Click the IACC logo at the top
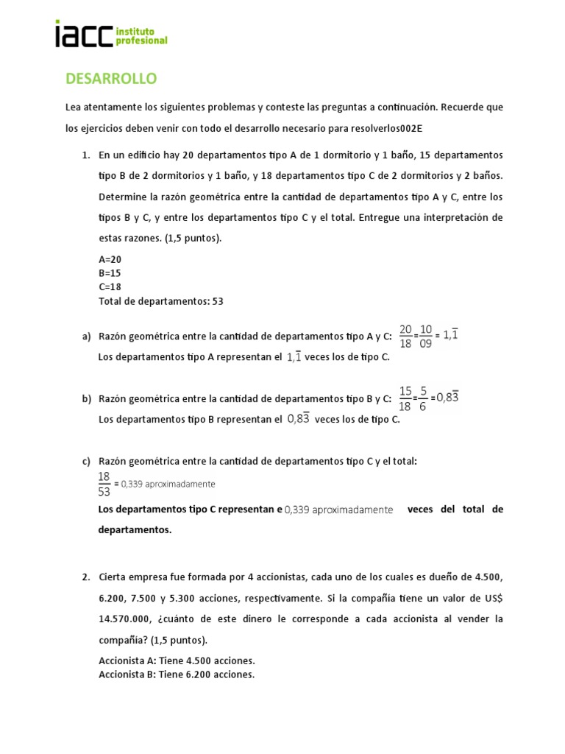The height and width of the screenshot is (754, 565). coord(111,34)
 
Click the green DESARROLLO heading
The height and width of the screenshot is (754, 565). coord(111,78)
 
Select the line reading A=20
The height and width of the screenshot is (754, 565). coord(110,259)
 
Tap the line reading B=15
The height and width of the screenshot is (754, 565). coord(110,272)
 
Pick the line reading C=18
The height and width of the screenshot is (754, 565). coord(110,286)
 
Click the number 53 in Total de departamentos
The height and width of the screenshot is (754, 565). coord(217,300)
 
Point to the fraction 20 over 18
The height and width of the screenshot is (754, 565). coord(405,335)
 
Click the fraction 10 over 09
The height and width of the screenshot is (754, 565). coord(425,335)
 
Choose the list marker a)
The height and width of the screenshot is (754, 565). coord(86,337)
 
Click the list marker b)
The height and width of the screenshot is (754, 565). coord(86,398)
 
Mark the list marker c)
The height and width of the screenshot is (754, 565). coord(86,461)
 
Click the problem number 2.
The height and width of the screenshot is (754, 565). coord(85,577)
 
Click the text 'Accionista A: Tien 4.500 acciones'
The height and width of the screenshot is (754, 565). coord(177,660)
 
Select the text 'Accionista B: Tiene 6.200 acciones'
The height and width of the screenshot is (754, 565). coord(177,674)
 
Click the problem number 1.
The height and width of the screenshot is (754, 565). coord(85,155)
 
